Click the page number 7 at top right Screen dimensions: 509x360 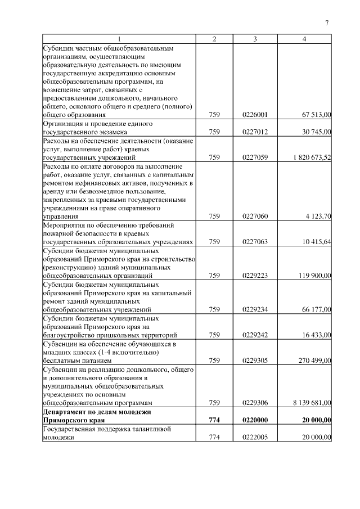326,23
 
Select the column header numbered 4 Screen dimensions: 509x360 304,39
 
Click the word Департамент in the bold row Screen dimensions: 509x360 65,412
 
